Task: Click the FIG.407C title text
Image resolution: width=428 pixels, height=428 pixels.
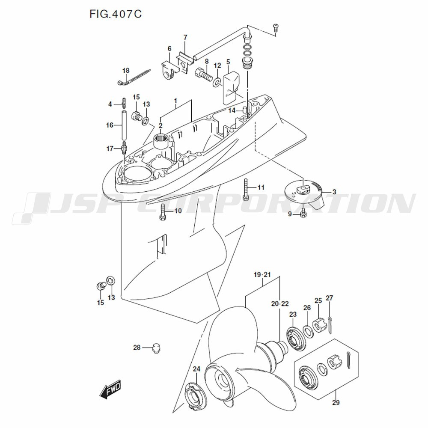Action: pyautogui.click(x=116, y=14)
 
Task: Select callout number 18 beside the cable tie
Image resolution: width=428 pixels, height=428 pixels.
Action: pyautogui.click(x=126, y=71)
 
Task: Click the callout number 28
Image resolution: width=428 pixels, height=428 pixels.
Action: pyautogui.click(x=137, y=348)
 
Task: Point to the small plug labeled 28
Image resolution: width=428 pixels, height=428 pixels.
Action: pyautogui.click(x=156, y=348)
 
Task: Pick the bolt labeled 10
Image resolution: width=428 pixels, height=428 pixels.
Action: pyautogui.click(x=162, y=212)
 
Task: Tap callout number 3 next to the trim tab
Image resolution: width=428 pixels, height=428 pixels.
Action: pyautogui.click(x=334, y=192)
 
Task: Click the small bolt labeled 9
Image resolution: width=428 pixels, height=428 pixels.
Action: pyautogui.click(x=303, y=213)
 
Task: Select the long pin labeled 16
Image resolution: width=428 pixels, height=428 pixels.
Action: pyautogui.click(x=124, y=125)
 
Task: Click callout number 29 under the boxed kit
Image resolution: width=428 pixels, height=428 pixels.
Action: pyautogui.click(x=336, y=403)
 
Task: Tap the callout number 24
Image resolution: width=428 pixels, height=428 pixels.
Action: pyautogui.click(x=196, y=369)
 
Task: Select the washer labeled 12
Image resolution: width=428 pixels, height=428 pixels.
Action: pyautogui.click(x=217, y=82)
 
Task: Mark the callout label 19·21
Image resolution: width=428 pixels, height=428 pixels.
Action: pyautogui.click(x=262, y=275)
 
